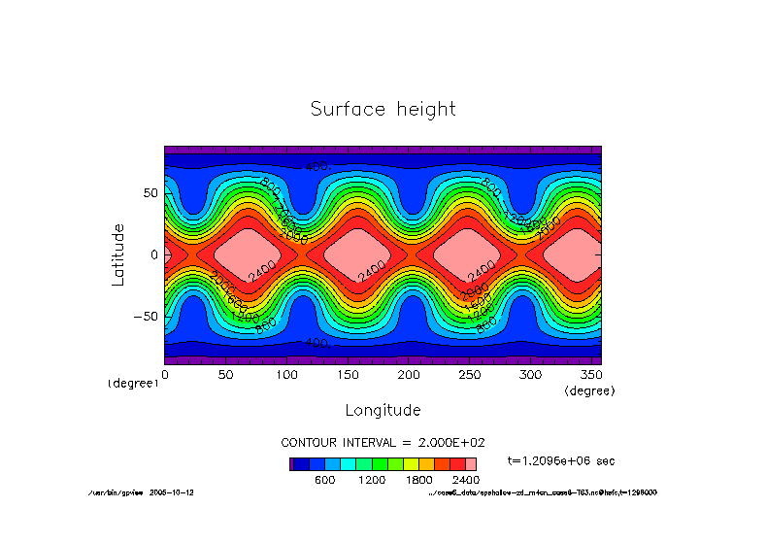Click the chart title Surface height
pos(383,109)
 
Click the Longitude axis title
pos(383,410)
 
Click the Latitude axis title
pos(118,254)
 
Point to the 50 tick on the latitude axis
pos(150,193)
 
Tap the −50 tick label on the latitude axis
pos(145,316)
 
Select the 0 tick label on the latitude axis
pos(153,254)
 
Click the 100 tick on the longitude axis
pos(286,374)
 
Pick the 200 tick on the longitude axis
pos(408,374)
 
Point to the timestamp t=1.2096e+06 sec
pos(561,460)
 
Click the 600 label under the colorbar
pos(324,480)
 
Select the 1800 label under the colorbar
pos(418,480)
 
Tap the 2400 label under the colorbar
pos(466,480)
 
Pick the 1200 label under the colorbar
pos(372,480)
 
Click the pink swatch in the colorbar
pos(471,464)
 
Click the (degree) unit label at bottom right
pos(589,390)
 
